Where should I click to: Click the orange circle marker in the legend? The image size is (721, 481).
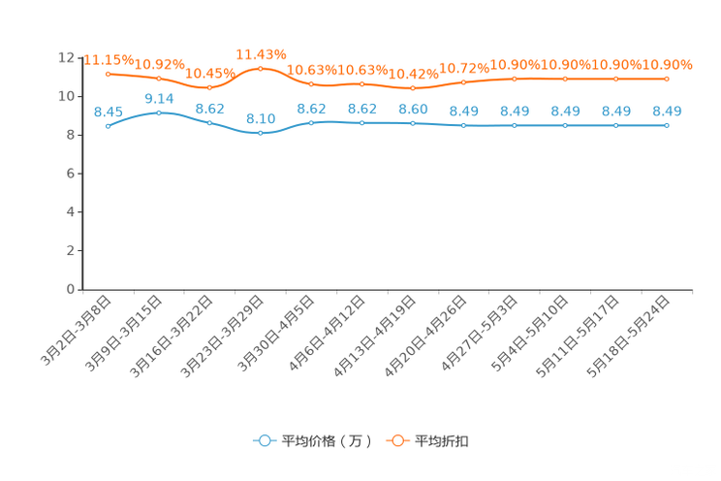(397, 440)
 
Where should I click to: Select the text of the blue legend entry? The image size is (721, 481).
(326, 441)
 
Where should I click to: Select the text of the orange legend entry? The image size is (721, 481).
(443, 441)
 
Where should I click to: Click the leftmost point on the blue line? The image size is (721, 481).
(108, 126)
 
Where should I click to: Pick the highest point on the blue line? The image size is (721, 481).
(158, 112)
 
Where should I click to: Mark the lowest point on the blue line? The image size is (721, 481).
(260, 133)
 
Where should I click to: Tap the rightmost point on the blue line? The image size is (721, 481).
(667, 126)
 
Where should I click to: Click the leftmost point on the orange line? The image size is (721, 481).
(108, 73)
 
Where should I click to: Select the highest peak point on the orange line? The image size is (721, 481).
(260, 68)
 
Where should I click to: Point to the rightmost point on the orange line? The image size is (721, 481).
(667, 79)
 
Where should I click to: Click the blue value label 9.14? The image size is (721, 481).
(158, 98)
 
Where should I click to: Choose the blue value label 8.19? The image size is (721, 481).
(260, 118)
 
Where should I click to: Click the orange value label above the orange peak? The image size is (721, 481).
(261, 53)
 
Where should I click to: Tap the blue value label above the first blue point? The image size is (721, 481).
(108, 111)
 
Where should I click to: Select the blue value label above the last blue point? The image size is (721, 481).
(667, 111)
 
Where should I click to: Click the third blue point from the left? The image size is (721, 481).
(209, 123)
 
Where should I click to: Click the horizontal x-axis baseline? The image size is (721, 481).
(388, 289)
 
